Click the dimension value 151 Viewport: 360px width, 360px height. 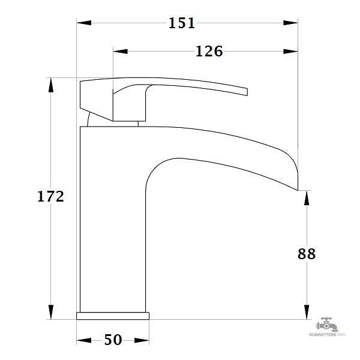click(182, 23)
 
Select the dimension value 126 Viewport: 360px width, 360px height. click(209, 52)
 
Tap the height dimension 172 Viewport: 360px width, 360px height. click(50, 197)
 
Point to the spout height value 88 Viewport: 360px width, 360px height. click(307, 254)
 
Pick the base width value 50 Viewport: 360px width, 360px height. click(113, 340)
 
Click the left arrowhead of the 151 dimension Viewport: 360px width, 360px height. click(84, 23)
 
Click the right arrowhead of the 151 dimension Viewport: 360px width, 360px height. click(290, 23)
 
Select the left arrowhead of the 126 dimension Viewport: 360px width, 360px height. click(121, 52)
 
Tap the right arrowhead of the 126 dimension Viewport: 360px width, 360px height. click(290, 52)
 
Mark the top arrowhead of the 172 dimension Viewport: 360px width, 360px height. click(51, 85)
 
